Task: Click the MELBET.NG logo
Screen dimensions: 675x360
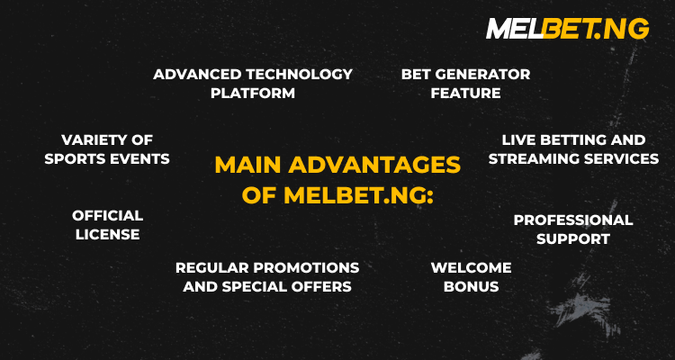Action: click(567, 29)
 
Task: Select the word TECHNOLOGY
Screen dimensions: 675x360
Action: click(295, 74)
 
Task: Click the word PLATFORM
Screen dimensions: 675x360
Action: click(253, 93)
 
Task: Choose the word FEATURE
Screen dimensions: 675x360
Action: click(466, 93)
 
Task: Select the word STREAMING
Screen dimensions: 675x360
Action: click(533, 159)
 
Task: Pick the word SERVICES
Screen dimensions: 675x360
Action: click(620, 159)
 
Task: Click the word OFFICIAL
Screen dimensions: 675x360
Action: click(108, 215)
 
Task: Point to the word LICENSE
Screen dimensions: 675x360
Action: click(108, 234)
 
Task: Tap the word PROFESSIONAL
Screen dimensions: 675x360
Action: click(573, 220)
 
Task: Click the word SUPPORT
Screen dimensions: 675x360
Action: click(573, 239)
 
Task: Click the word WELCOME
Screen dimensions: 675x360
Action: click(472, 268)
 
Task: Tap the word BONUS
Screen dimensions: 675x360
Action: click(472, 287)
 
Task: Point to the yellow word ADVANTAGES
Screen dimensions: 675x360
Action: click(374, 165)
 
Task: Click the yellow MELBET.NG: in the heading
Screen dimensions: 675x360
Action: click(358, 196)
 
